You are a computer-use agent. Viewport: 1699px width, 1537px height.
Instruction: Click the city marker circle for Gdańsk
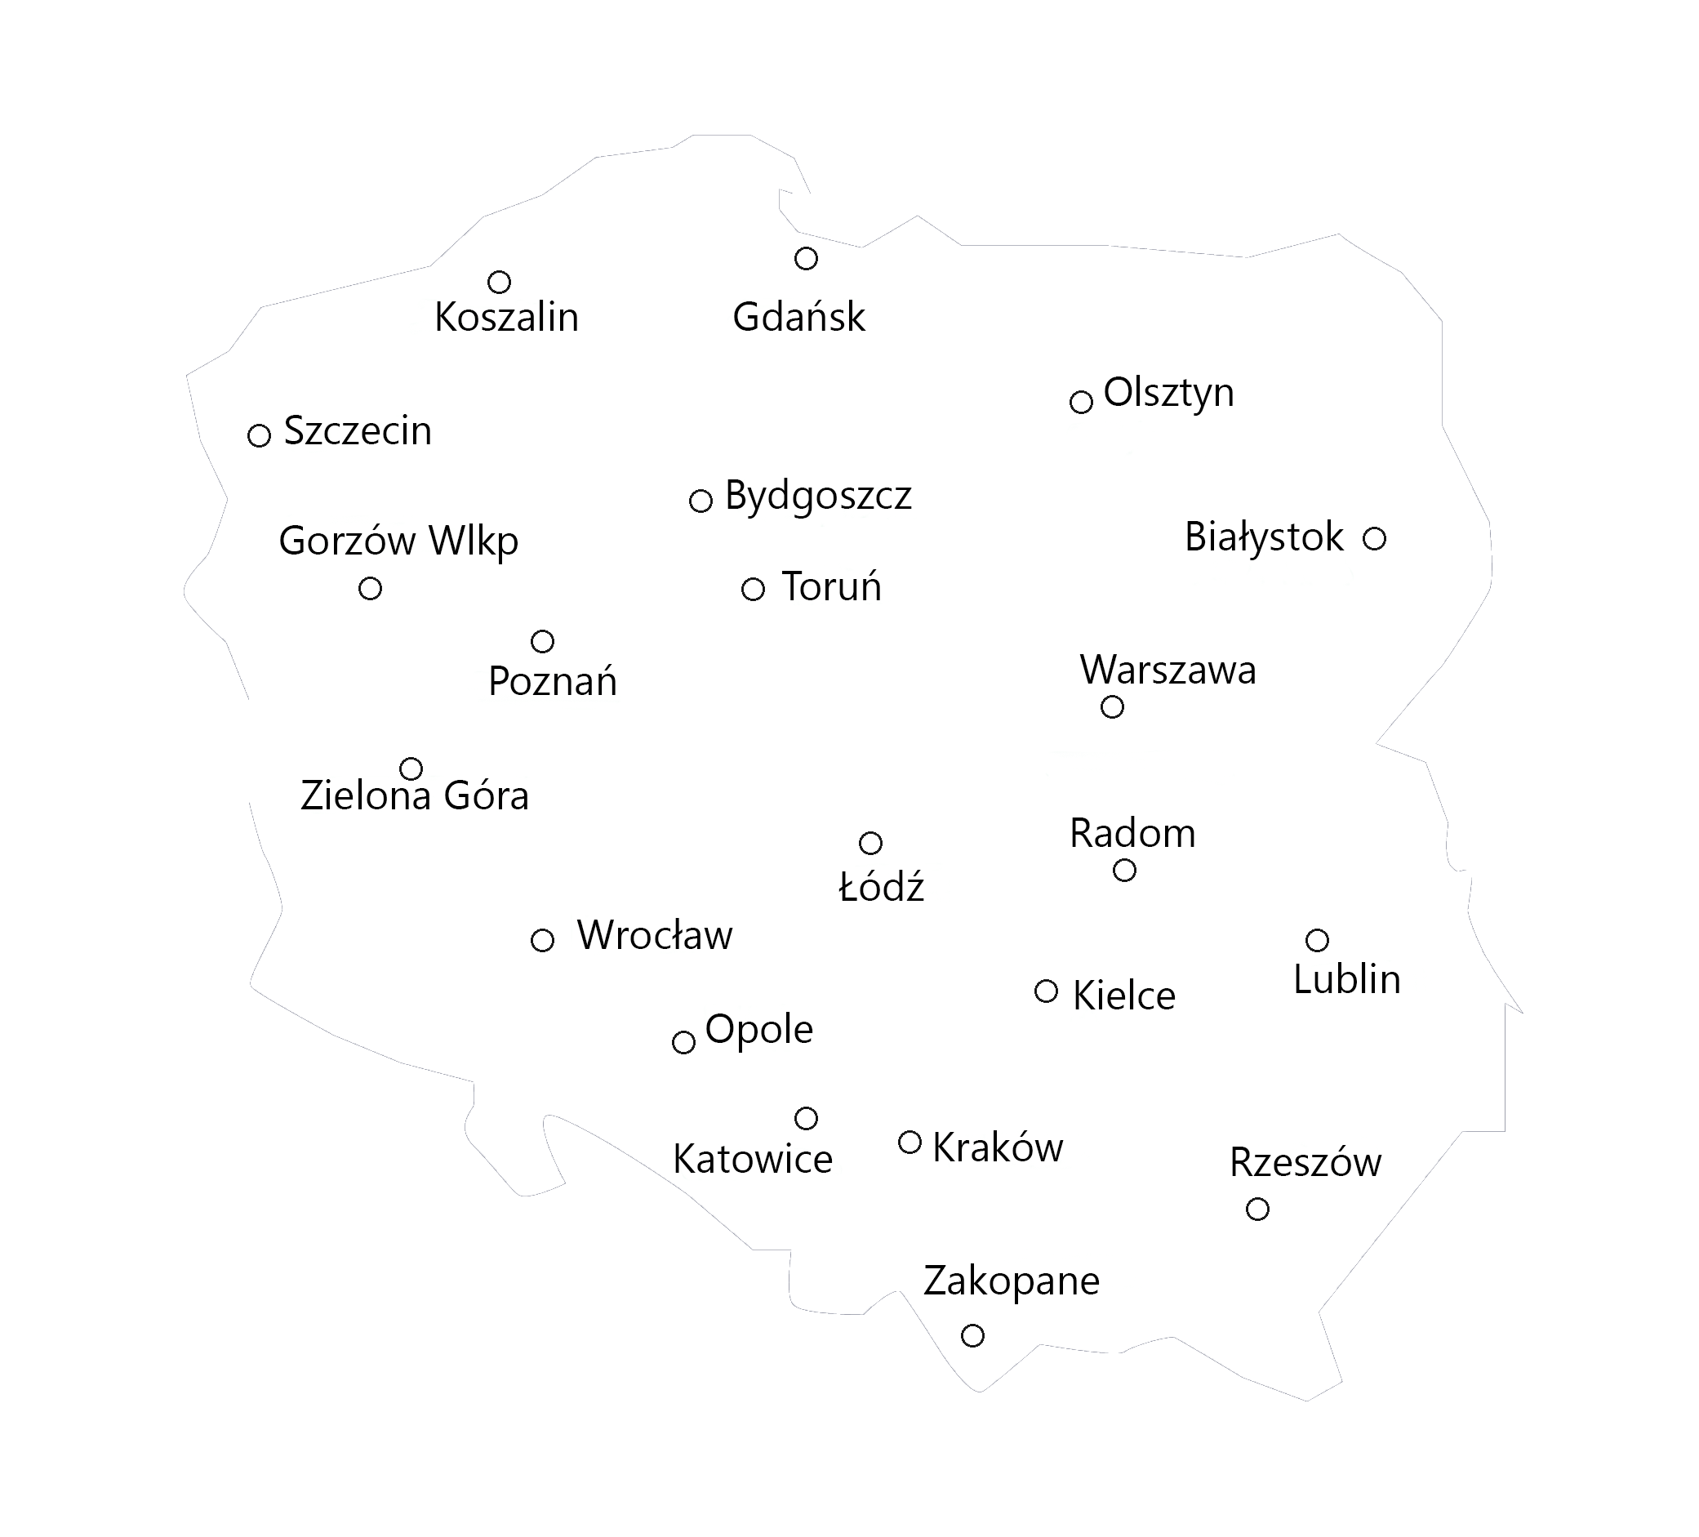[806, 258]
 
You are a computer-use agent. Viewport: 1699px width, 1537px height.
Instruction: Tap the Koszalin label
[506, 318]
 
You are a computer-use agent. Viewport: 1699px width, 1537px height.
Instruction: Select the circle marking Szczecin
[259, 435]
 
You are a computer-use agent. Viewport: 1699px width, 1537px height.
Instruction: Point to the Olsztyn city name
[1168, 393]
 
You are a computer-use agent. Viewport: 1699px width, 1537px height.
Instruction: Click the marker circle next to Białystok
[1374, 538]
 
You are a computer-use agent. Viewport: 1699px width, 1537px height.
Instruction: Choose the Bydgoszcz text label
[817, 496]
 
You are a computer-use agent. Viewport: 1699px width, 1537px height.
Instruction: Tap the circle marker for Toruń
[753, 589]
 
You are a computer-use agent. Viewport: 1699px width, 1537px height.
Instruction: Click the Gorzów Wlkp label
[398, 541]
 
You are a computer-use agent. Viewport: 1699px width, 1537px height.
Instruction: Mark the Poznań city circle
[542, 641]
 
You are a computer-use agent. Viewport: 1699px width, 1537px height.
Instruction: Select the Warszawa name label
[1168, 671]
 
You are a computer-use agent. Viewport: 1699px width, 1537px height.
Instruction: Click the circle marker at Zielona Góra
[411, 768]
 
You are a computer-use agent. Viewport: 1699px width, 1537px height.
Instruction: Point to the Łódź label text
[881, 887]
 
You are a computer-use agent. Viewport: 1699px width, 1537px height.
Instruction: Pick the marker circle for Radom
[1124, 869]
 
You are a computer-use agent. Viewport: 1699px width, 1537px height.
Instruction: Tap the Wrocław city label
[655, 935]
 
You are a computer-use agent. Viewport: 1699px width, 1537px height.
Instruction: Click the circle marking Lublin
[1316, 939]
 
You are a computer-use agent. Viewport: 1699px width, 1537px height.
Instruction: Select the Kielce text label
[1123, 996]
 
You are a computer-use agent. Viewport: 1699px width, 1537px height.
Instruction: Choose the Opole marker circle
[683, 1042]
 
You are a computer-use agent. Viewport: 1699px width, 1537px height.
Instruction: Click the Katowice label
[753, 1160]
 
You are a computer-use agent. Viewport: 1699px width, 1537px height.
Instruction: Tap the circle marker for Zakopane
[972, 1334]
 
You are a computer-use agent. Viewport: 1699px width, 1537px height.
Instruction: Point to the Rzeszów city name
[1305, 1163]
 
